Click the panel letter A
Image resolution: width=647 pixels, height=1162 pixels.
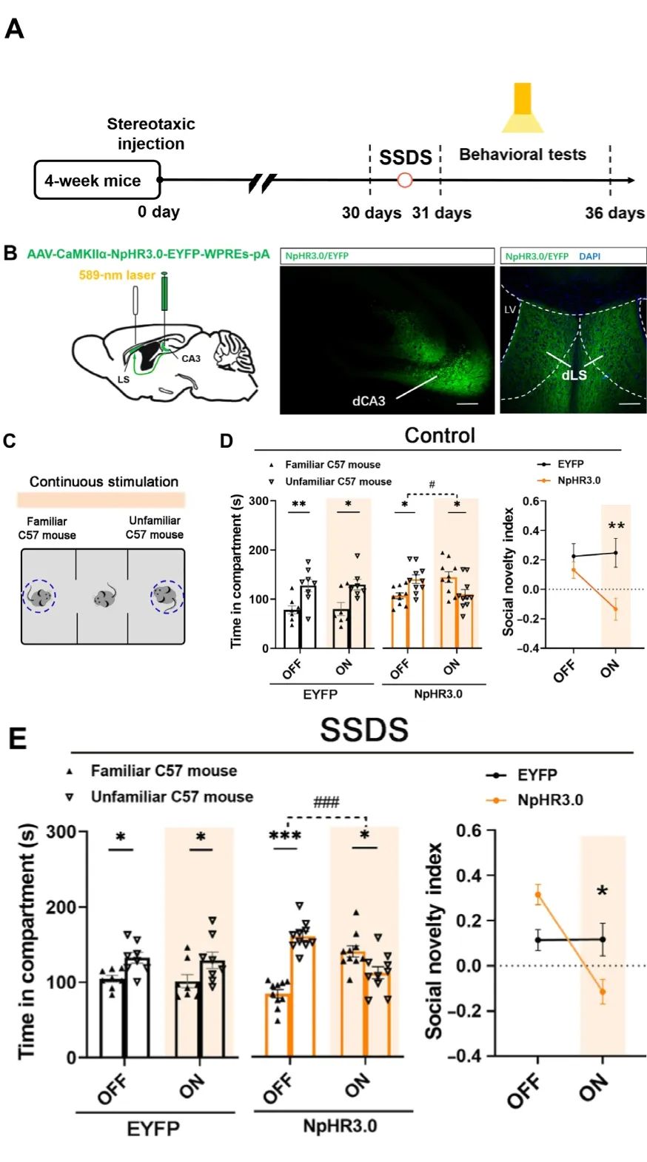click(x=14, y=29)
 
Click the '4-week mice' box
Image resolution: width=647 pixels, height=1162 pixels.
click(x=97, y=181)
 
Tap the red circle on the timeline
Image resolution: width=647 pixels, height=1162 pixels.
click(x=405, y=180)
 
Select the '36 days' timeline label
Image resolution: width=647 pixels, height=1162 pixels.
click(x=614, y=213)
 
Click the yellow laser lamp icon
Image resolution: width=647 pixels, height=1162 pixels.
click(x=523, y=108)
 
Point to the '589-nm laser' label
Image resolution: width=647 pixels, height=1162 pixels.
click(x=117, y=275)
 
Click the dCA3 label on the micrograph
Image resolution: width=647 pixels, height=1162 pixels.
click(x=369, y=401)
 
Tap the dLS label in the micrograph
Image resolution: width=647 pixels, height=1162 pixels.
click(x=574, y=375)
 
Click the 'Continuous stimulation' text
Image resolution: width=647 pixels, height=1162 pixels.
click(x=104, y=482)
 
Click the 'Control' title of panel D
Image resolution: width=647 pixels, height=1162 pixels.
click(x=440, y=435)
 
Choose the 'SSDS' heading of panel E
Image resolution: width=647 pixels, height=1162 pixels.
click(x=364, y=731)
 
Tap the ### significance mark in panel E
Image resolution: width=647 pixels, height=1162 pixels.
click(x=326, y=802)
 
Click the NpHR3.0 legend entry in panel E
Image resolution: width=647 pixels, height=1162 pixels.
click(x=549, y=800)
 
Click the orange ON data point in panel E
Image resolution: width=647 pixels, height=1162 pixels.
click(x=603, y=992)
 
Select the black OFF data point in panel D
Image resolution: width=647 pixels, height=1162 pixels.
click(x=574, y=556)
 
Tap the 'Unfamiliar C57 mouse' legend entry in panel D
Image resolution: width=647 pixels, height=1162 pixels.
click(x=338, y=482)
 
